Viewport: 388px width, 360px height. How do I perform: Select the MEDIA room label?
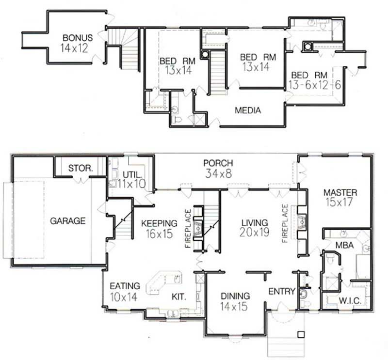pyautogui.click(x=248, y=110)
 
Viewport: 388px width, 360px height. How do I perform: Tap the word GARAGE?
pyautogui.click(x=68, y=221)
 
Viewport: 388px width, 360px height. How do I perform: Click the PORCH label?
pyautogui.click(x=218, y=163)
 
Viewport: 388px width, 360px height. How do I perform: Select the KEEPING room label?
pyautogui.click(x=159, y=223)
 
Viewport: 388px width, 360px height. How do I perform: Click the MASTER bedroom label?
pyautogui.click(x=340, y=192)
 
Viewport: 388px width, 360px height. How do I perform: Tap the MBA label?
pyautogui.click(x=347, y=245)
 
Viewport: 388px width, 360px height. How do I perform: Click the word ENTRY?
pyautogui.click(x=282, y=291)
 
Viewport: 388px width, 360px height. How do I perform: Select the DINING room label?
pyautogui.click(x=235, y=296)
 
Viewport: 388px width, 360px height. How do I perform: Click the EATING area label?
pyautogui.click(x=125, y=286)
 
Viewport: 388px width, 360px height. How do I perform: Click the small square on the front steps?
pyautogui.click(x=301, y=334)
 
